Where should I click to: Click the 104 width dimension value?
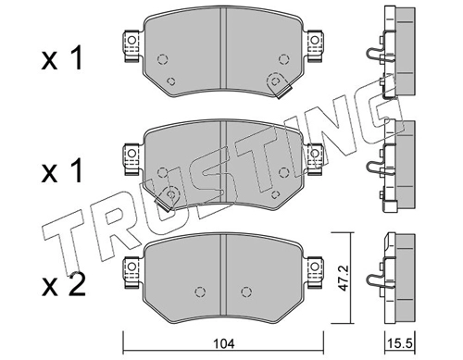pyautogui.click(x=225, y=343)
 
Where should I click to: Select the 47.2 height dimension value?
pyautogui.click(x=343, y=278)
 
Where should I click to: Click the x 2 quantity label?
pyautogui.click(x=63, y=286)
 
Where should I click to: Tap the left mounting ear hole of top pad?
pyautogui.click(x=131, y=40)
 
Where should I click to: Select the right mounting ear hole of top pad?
pyautogui.click(x=315, y=40)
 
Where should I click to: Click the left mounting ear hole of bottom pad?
pyautogui.click(x=131, y=267)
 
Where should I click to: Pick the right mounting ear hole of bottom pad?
pyautogui.click(x=315, y=267)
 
